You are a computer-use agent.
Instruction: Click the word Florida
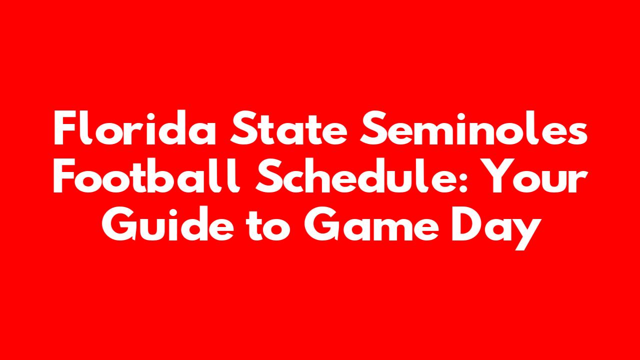pyautogui.click(x=134, y=128)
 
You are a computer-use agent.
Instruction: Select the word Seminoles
pyautogui.click(x=473, y=128)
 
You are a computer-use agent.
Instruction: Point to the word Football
pyautogui.click(x=147, y=175)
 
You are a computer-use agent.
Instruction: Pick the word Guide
pyautogui.click(x=168, y=223)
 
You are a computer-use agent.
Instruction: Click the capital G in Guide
pyautogui.click(x=119, y=224)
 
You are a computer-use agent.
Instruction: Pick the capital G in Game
pyautogui.click(x=321, y=224)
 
